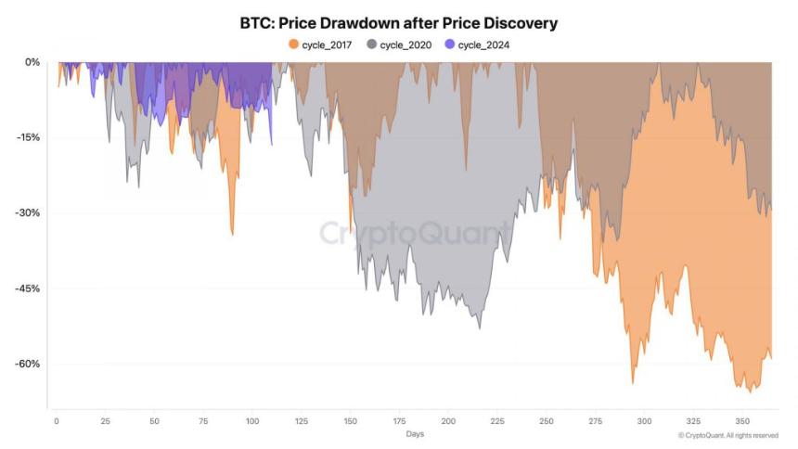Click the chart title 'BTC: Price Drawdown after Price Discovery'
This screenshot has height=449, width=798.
tap(399, 22)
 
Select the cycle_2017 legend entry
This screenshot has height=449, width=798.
tap(321, 44)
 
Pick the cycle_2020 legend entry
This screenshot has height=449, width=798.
tap(401, 44)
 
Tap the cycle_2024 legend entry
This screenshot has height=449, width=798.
tap(478, 44)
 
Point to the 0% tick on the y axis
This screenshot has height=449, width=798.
tap(32, 62)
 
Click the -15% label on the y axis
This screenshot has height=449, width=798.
tap(29, 137)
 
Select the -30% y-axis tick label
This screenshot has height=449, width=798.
tap(29, 212)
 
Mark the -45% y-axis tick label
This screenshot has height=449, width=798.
tap(29, 289)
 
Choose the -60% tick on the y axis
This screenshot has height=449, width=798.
tap(29, 364)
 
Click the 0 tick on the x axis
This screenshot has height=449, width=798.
tap(56, 420)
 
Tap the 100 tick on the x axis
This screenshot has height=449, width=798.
tap(251, 420)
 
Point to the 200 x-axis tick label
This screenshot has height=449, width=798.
tap(448, 420)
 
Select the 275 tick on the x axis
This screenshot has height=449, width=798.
tap(595, 420)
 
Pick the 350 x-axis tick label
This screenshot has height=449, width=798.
tap(742, 420)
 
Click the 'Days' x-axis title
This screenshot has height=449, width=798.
tap(416, 433)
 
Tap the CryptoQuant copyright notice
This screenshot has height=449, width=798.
tap(727, 434)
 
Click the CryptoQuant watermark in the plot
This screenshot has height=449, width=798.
tap(414, 233)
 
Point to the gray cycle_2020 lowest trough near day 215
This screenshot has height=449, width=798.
tap(479, 327)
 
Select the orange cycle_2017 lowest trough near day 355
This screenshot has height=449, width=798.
tap(751, 391)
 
